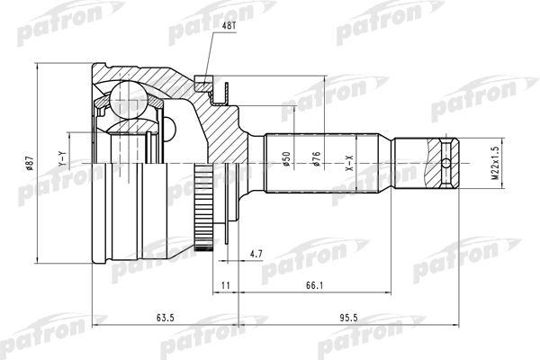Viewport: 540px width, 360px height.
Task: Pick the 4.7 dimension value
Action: point(256,255)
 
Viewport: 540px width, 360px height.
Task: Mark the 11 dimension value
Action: point(226,286)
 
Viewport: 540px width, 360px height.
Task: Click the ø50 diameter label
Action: point(286,160)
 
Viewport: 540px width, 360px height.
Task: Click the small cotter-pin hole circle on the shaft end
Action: point(448,164)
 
